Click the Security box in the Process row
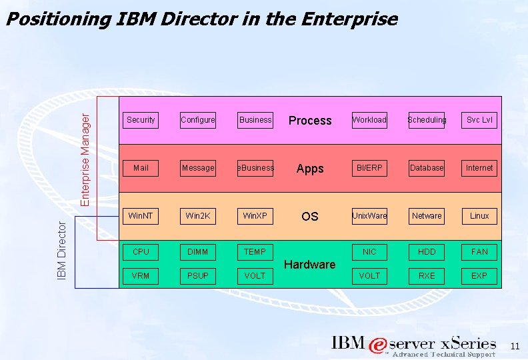(x=141, y=120)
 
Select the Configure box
(x=198, y=120)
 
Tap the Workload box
(x=369, y=120)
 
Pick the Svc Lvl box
(x=479, y=120)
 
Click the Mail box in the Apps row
(x=141, y=168)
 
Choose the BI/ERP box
(x=369, y=168)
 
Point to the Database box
(x=427, y=168)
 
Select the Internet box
(x=479, y=168)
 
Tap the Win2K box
(x=198, y=216)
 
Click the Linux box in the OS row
(x=479, y=216)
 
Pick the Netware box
(x=427, y=216)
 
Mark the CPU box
(x=141, y=252)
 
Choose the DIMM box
(x=198, y=252)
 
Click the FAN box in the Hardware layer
(x=479, y=252)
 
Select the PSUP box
(x=198, y=275)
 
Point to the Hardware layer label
(x=310, y=265)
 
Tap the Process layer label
(x=310, y=121)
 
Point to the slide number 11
(x=514, y=346)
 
